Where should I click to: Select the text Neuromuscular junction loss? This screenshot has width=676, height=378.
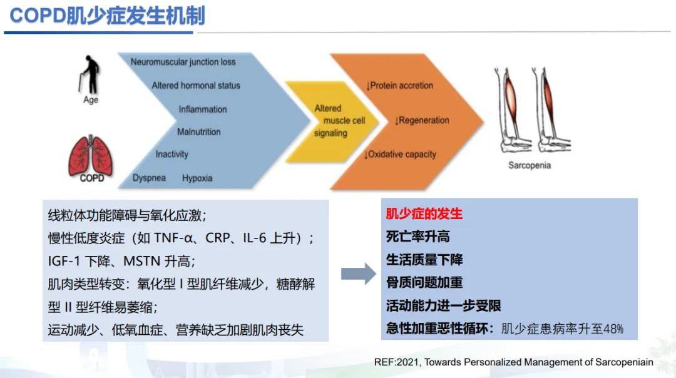183,62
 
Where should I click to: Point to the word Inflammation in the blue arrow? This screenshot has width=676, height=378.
203,110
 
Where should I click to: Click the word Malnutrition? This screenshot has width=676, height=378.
199,132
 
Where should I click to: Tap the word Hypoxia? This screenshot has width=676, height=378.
197,178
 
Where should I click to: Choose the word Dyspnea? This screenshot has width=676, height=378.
149,178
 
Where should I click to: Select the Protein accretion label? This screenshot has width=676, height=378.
401,86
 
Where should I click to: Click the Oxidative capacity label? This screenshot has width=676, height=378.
401,155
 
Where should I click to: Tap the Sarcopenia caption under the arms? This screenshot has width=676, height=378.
530,166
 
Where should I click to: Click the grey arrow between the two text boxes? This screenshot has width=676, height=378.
358,273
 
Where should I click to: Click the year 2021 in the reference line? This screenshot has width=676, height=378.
409,362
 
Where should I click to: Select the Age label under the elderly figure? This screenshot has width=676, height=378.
91,100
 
